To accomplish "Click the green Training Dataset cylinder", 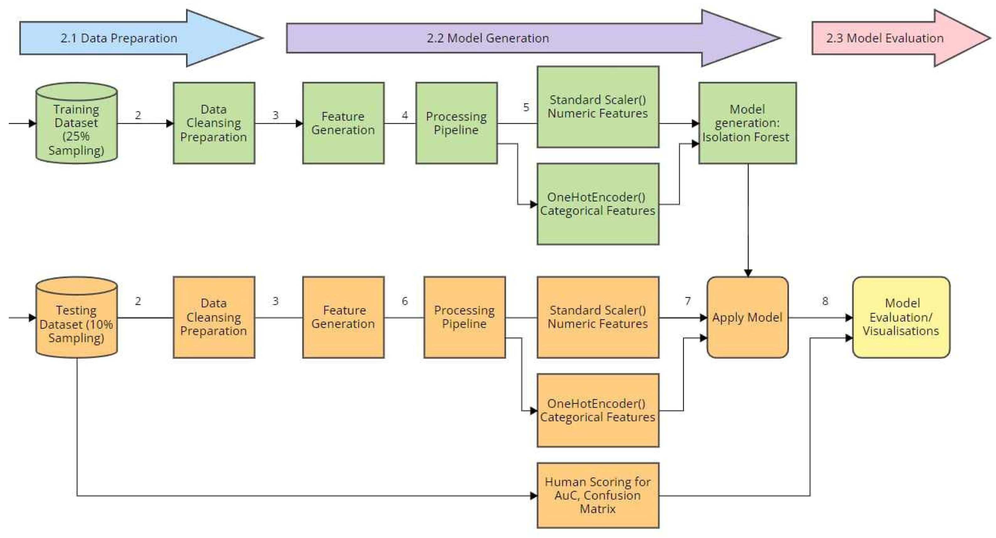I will pyautogui.click(x=77, y=128).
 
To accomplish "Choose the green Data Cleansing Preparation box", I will pyautogui.click(x=214, y=123).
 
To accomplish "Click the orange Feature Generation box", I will pyautogui.click(x=343, y=317).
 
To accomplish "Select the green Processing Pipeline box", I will pyautogui.click(x=456, y=123).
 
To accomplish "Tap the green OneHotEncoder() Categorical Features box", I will pyautogui.click(x=598, y=204).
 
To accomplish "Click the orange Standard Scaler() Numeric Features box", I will pyautogui.click(x=598, y=317).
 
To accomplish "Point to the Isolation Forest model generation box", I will pyautogui.click(x=747, y=123).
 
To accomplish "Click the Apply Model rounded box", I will pyautogui.click(x=747, y=317).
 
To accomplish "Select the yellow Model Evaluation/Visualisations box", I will pyautogui.click(x=901, y=317).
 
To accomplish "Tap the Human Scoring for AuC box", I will pyautogui.click(x=598, y=495).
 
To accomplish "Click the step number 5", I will pyautogui.click(x=526, y=107).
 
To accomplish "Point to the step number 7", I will pyautogui.click(x=687, y=301).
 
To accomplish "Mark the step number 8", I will pyautogui.click(x=825, y=301).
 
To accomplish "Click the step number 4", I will pyautogui.click(x=405, y=115).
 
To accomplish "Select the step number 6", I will pyautogui.click(x=405, y=301).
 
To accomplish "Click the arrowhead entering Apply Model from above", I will pyautogui.click(x=748, y=273).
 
